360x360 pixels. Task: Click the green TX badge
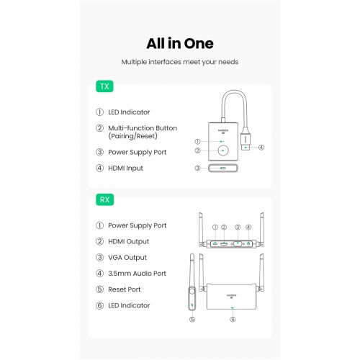[x=104, y=86]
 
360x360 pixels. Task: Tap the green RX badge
[x=104, y=199]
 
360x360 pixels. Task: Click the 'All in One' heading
[x=180, y=44]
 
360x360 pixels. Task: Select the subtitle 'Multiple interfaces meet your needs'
[x=180, y=62]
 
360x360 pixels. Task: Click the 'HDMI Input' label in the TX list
[x=125, y=168]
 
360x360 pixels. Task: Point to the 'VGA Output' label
[x=127, y=258]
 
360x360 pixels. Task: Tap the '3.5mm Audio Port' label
[x=137, y=274]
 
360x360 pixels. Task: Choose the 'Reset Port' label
[x=125, y=289]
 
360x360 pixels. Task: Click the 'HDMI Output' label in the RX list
[x=129, y=241]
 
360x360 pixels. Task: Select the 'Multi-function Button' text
[x=143, y=128]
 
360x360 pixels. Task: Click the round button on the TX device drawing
[x=223, y=150]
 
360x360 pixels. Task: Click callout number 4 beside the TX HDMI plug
[x=261, y=148]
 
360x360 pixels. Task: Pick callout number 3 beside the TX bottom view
[x=197, y=168]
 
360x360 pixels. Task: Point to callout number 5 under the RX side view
[x=192, y=320]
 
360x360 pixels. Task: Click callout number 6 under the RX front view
[x=233, y=320]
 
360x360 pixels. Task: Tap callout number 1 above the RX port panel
[x=215, y=227]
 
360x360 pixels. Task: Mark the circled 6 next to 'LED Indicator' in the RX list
[x=99, y=305]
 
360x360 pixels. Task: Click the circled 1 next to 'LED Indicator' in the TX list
[x=99, y=112]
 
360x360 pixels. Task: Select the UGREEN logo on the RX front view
[x=231, y=296]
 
